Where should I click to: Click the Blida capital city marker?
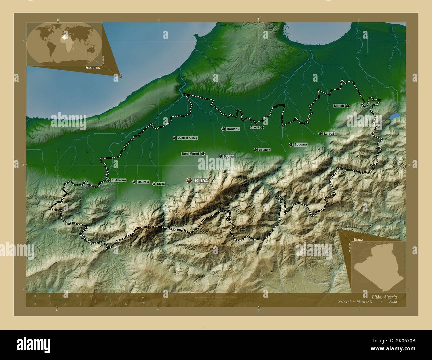click(189, 180)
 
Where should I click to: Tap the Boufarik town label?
click(233, 129)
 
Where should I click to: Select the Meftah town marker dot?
click(347, 105)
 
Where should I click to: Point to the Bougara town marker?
click(291, 145)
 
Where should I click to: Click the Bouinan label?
click(264, 150)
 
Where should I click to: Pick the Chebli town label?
click(255, 127)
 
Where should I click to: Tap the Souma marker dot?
click(220, 156)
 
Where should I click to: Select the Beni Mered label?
click(190, 154)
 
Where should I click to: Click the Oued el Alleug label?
click(187, 138)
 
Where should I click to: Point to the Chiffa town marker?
click(154, 184)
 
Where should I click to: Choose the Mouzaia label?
click(143, 182)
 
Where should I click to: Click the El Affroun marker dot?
click(108, 180)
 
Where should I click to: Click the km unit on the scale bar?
click(144, 297)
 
